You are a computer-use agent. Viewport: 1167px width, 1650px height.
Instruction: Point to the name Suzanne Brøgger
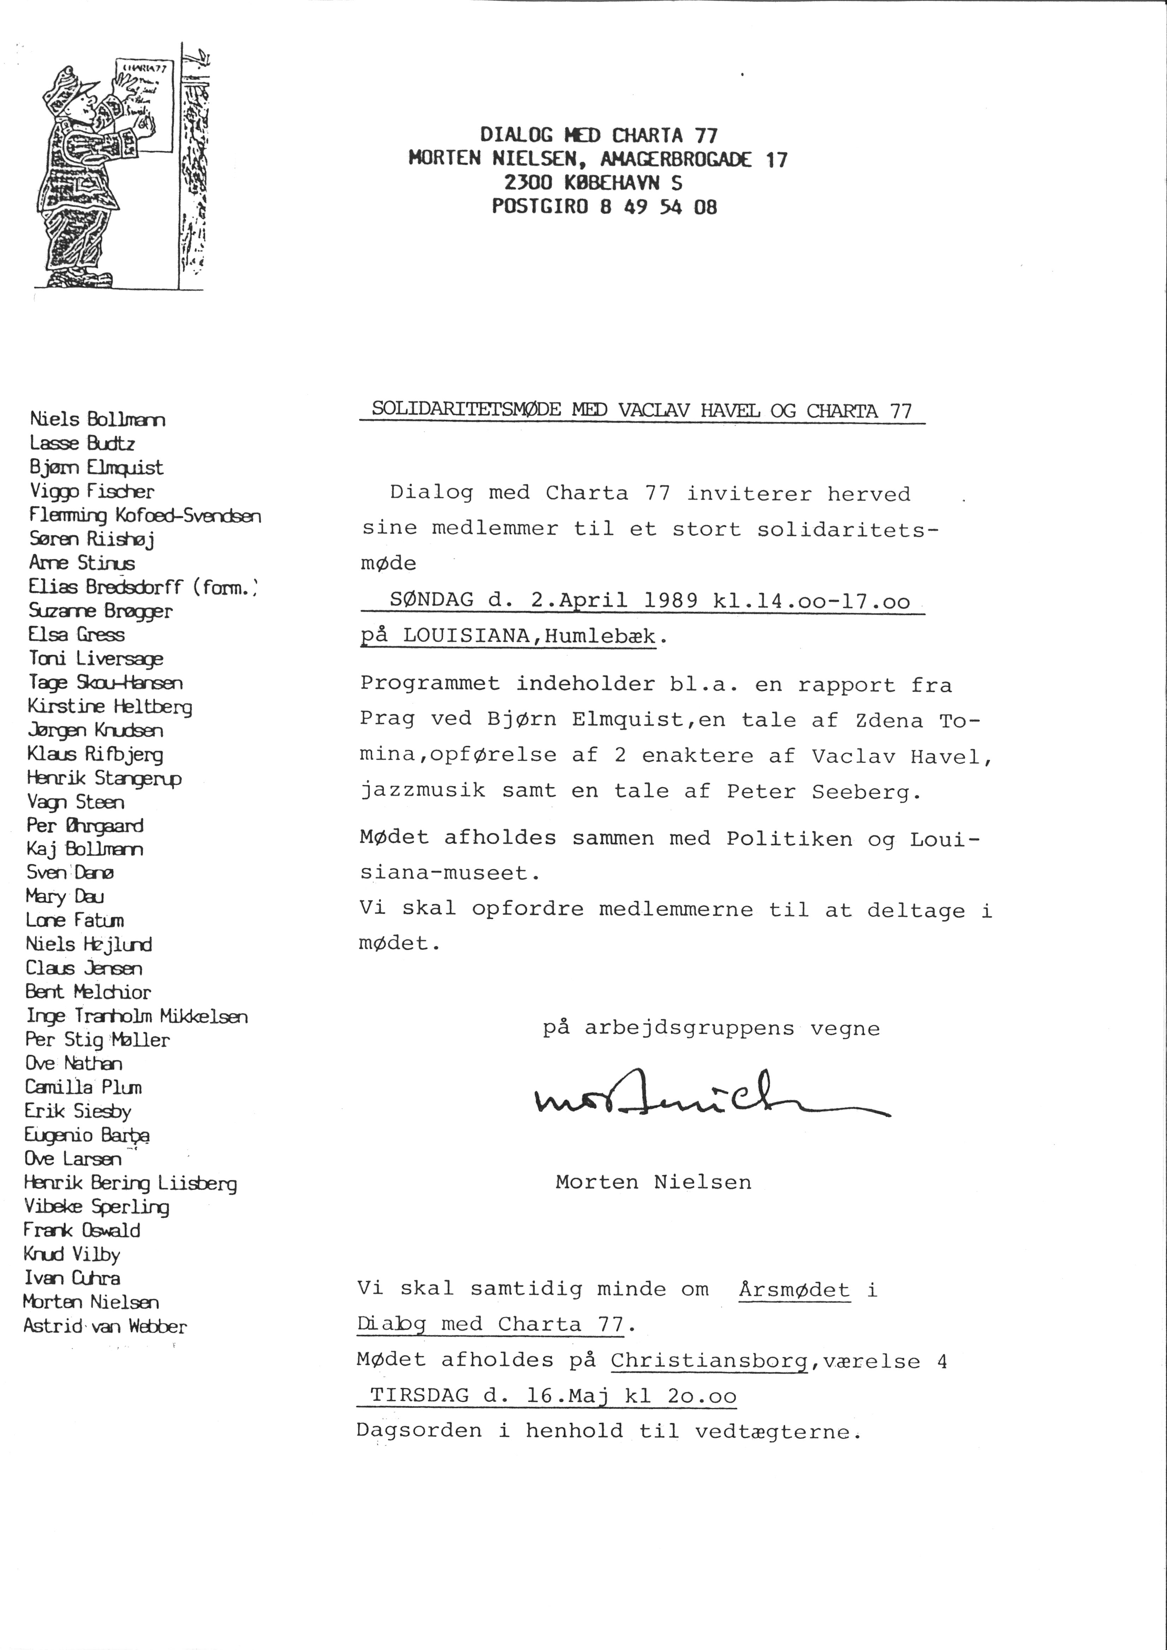[101, 611]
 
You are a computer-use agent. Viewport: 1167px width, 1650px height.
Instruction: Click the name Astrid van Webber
[105, 1326]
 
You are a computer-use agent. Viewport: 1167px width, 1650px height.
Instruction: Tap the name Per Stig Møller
[98, 1040]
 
